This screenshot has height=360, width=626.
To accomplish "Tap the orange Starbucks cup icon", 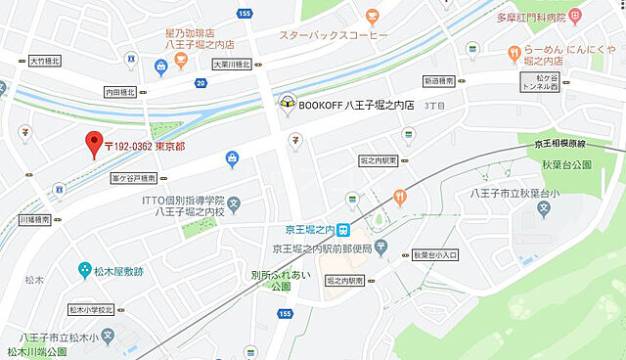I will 373,16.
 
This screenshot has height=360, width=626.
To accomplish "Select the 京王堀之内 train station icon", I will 343,230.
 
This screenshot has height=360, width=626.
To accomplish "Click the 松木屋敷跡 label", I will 118,268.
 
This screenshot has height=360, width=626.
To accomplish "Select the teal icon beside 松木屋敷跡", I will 85,268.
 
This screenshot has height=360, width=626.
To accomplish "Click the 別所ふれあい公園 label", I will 278,282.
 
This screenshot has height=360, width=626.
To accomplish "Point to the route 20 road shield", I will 201,83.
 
